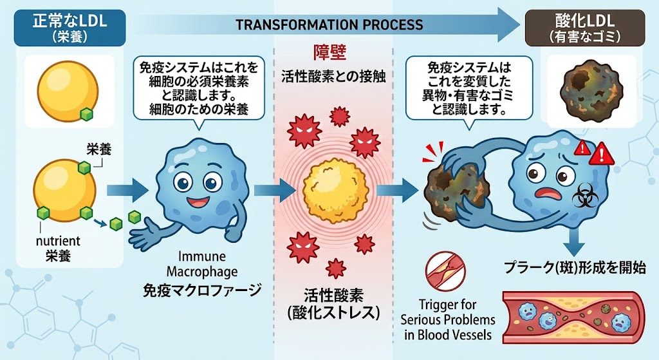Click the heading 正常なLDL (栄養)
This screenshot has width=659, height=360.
click(70, 28)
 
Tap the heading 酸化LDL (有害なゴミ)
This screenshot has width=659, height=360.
click(584, 28)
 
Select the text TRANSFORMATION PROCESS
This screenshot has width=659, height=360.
click(329, 24)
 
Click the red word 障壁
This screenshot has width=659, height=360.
click(330, 53)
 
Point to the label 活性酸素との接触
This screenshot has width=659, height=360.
click(333, 77)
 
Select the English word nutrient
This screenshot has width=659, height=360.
click(58, 241)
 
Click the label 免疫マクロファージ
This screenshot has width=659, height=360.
click(202, 290)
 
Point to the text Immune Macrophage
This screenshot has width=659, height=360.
click(202, 263)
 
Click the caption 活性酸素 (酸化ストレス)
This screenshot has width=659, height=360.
click(333, 303)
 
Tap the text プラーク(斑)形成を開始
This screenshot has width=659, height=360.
click(575, 267)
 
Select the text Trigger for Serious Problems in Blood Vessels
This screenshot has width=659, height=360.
click(448, 319)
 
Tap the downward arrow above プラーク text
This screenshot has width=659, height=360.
click(575, 241)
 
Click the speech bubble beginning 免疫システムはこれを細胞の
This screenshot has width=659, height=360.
click(199, 88)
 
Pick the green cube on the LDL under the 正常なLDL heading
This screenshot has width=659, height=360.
click(87, 114)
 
